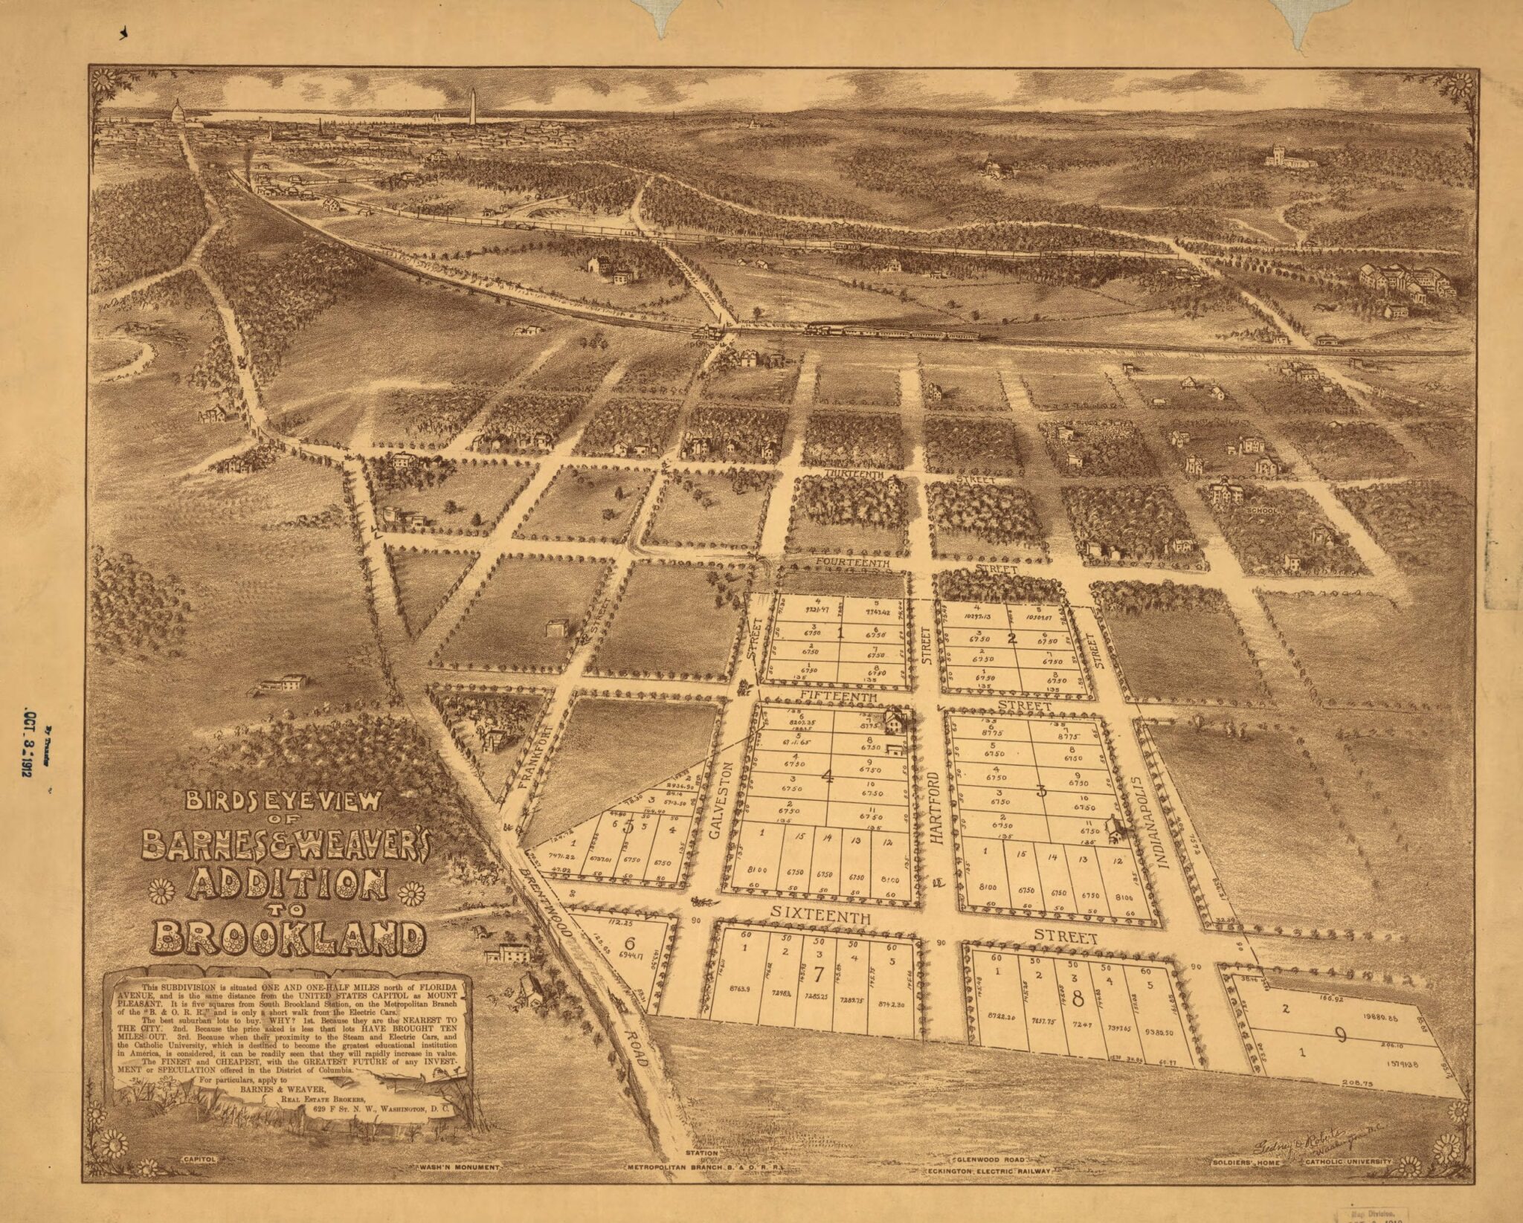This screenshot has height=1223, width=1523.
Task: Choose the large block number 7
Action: [819, 994]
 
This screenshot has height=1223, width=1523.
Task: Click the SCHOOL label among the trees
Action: [1262, 512]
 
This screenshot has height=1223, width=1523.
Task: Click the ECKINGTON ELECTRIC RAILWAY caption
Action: [989, 1171]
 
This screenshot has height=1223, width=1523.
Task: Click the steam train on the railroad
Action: [892, 332]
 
